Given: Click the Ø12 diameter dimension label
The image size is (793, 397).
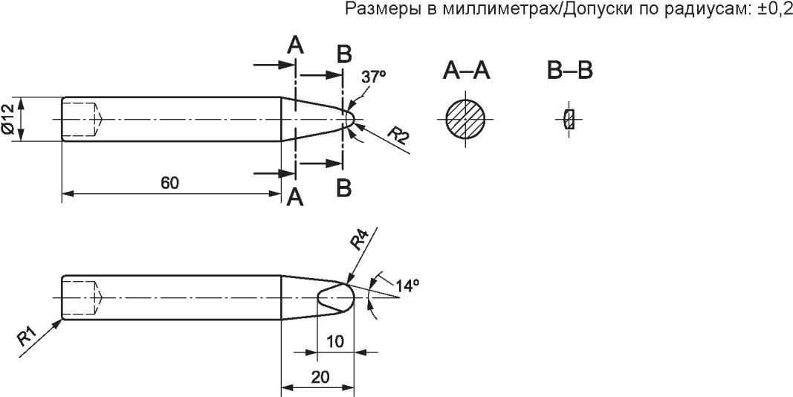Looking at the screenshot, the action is (9, 119).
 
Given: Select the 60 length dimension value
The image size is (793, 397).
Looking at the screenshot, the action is (169, 184).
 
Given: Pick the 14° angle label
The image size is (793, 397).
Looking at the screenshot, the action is (408, 285).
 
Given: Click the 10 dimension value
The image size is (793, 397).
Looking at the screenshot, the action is (334, 340).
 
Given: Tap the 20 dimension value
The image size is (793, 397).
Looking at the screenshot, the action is (320, 377).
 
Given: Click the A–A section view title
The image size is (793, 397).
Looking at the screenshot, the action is (466, 71).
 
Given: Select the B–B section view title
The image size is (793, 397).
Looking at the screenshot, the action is (569, 71).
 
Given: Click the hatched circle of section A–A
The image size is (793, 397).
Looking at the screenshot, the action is (466, 119).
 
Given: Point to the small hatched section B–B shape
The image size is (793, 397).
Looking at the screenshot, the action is (569, 119).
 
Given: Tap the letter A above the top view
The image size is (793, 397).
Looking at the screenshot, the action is (295, 46).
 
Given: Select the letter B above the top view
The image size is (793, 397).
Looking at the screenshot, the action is (343, 54).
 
